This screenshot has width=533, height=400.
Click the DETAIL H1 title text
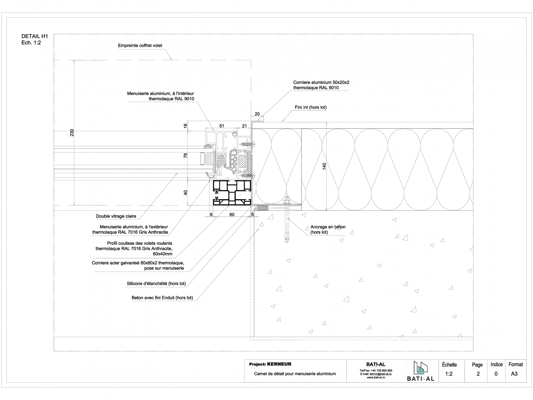point(34,36)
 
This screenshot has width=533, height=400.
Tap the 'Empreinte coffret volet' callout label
point(140,46)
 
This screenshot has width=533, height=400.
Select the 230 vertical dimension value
point(72,132)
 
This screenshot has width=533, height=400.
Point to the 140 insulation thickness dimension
point(324,166)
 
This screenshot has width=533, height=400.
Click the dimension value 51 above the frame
point(222,126)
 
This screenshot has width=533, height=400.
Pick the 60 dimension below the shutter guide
point(232,214)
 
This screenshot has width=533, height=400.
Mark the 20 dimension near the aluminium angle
point(257,114)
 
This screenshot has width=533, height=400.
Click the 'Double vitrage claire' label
point(116,216)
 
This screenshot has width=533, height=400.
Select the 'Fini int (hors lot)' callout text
point(311,107)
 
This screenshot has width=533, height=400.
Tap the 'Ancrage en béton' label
point(328,227)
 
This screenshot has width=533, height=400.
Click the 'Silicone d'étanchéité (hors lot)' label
point(156,283)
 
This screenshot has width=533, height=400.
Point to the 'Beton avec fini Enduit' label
point(162,298)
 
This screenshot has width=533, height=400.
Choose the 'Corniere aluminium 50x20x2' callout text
point(321,82)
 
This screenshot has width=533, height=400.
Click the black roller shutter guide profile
point(232,193)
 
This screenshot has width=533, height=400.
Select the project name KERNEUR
point(279,364)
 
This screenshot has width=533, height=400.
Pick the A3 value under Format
point(514,374)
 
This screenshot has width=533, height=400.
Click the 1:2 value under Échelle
point(449,374)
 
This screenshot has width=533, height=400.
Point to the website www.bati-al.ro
point(376,377)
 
